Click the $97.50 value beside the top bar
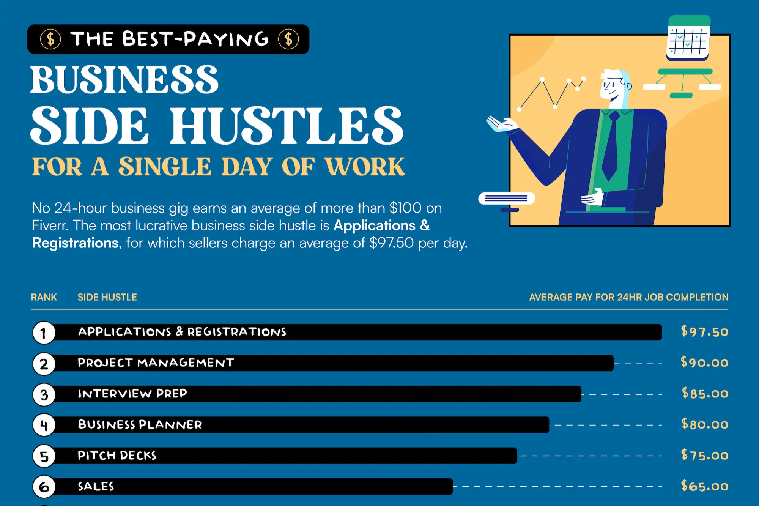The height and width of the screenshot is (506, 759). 704,332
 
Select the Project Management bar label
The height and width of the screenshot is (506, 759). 156,363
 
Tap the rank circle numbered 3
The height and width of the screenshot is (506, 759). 44,394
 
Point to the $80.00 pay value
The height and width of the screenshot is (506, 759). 704,424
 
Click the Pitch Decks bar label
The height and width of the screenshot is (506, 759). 117,456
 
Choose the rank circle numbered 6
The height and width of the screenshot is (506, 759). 44,487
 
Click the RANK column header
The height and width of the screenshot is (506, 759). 44,297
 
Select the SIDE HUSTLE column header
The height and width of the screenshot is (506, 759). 107,297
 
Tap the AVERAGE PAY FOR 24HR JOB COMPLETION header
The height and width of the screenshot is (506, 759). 628,297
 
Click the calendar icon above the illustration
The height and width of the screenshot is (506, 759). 688,38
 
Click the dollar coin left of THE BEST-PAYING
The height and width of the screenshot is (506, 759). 50,39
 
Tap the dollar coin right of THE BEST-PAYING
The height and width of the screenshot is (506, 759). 288,39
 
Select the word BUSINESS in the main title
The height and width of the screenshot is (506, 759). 124,80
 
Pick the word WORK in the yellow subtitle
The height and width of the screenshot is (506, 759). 364,167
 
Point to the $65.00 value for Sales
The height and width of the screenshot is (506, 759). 704,486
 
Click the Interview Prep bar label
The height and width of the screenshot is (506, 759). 132,394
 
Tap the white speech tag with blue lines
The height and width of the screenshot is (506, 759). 506,198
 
